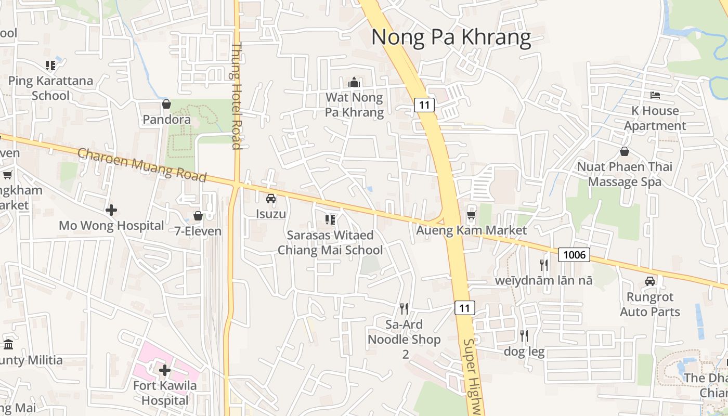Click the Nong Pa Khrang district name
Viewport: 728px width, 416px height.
(x=451, y=37)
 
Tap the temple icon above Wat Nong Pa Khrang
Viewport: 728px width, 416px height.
(x=354, y=82)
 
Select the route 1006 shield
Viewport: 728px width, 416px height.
(x=575, y=254)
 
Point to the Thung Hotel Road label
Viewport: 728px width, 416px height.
(x=237, y=96)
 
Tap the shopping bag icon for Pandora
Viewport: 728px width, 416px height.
(x=166, y=105)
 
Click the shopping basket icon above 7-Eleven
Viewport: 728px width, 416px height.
(x=198, y=216)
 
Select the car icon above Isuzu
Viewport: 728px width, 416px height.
(x=271, y=198)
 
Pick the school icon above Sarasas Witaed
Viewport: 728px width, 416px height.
(x=330, y=220)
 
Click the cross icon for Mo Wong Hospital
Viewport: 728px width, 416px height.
(x=111, y=210)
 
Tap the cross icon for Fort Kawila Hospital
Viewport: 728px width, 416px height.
(x=165, y=370)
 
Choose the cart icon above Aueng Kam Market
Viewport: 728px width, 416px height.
(x=471, y=215)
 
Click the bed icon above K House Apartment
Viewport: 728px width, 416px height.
(x=655, y=95)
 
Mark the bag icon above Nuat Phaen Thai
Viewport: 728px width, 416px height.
(x=624, y=151)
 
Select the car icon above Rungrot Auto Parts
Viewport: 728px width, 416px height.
(x=650, y=281)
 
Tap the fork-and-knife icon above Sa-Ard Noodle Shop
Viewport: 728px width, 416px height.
(x=404, y=309)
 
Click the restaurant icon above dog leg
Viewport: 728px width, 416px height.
(x=524, y=336)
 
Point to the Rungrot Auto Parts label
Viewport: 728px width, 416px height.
(x=650, y=304)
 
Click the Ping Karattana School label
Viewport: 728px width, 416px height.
(x=50, y=88)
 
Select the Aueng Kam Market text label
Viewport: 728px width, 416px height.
(x=472, y=230)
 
